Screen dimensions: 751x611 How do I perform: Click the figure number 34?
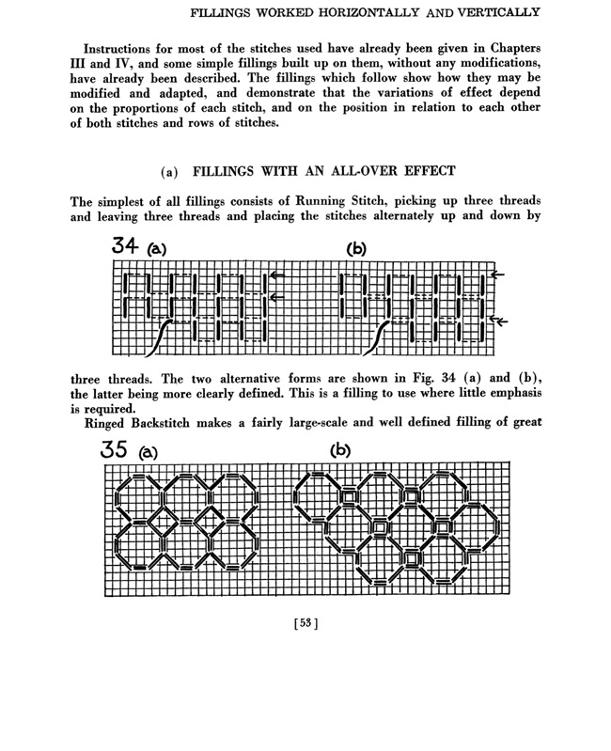point(124,247)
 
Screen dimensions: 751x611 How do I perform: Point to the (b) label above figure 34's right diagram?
point(355,250)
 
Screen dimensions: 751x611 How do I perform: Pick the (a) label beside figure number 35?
point(149,452)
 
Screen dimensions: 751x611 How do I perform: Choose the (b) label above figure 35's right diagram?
point(340,450)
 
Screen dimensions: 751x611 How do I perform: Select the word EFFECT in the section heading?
point(429,171)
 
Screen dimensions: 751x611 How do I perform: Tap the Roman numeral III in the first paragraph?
point(80,64)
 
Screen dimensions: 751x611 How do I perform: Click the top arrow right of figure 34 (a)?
point(276,276)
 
